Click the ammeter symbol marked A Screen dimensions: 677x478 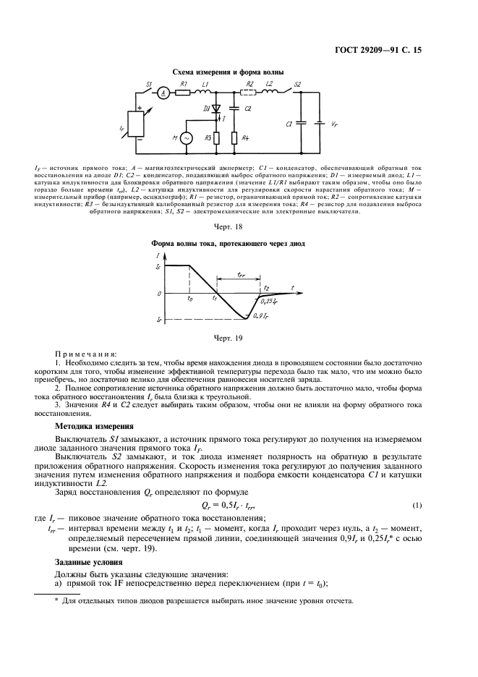coord(164,93)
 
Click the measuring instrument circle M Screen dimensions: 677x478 coord(186,137)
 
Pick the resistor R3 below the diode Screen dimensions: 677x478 coord(215,137)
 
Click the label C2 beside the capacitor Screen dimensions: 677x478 coord(247,108)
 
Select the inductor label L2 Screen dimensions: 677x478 coord(269,84)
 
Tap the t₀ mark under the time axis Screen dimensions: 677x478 coord(189,298)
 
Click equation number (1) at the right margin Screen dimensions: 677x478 coord(417,503)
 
